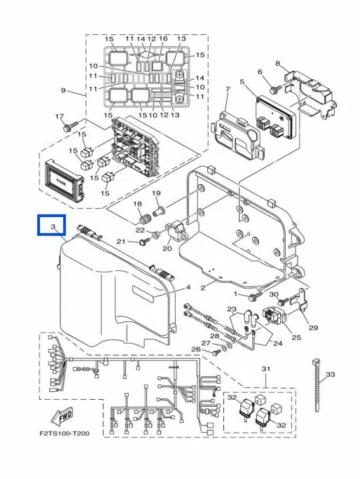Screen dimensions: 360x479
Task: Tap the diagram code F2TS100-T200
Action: click(65, 433)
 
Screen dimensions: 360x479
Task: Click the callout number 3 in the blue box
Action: click(53, 227)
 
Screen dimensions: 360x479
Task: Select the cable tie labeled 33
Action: click(317, 386)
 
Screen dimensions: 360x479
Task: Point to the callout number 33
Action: click(330, 374)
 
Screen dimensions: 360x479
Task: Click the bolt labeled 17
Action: click(70, 126)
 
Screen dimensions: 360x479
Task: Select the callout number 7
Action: click(228, 89)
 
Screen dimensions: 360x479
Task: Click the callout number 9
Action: click(63, 90)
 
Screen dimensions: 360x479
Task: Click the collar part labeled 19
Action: click(159, 210)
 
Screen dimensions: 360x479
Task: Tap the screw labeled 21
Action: click(144, 242)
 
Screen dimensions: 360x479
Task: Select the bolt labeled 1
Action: click(255, 296)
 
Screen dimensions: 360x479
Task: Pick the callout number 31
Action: click(266, 369)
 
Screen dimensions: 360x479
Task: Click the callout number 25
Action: click(296, 338)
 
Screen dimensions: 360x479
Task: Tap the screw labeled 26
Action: click(216, 352)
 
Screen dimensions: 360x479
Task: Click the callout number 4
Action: click(188, 287)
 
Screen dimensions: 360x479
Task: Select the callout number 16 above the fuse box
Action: click(163, 39)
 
